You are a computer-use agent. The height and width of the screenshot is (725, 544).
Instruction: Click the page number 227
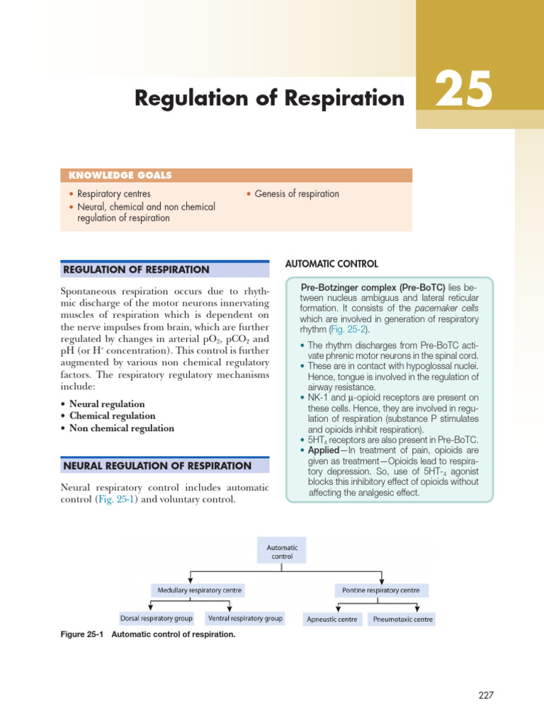tap(485, 695)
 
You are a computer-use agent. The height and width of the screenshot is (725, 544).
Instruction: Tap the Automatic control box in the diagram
tap(282, 552)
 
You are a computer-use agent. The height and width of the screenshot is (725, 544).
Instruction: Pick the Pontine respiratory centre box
tap(381, 590)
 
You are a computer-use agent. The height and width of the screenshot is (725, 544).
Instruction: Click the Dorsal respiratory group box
tap(157, 618)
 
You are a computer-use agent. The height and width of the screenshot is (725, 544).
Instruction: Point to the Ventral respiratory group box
tap(245, 618)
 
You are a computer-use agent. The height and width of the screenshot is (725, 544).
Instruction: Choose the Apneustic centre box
tap(331, 620)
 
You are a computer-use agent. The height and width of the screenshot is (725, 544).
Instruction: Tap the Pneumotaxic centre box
tap(402, 620)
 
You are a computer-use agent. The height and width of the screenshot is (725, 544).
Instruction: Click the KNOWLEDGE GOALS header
tap(120, 176)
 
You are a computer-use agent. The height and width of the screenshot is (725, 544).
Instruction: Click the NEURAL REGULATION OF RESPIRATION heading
tap(157, 466)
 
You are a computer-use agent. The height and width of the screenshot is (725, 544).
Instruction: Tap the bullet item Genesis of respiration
tap(297, 194)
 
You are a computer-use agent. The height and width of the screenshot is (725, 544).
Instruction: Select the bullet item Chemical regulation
tap(112, 416)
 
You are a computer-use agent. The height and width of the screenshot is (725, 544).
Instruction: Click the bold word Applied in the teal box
tap(324, 450)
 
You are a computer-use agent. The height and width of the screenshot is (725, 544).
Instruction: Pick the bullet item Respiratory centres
tap(113, 194)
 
